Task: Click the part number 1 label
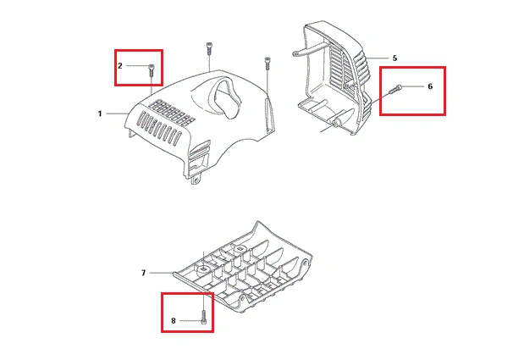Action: point(100,114)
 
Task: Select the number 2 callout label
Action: point(119,66)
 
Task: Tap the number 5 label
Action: point(394,58)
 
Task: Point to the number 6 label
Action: point(430,86)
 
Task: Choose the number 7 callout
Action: point(143,273)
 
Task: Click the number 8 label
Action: point(174,321)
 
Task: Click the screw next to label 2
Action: point(152,70)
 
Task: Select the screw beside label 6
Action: point(395,89)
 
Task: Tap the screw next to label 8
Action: point(204,318)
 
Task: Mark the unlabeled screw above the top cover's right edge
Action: point(268,63)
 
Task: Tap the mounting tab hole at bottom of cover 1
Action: point(196,180)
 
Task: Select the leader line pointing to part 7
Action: point(162,272)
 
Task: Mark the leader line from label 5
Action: point(378,58)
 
